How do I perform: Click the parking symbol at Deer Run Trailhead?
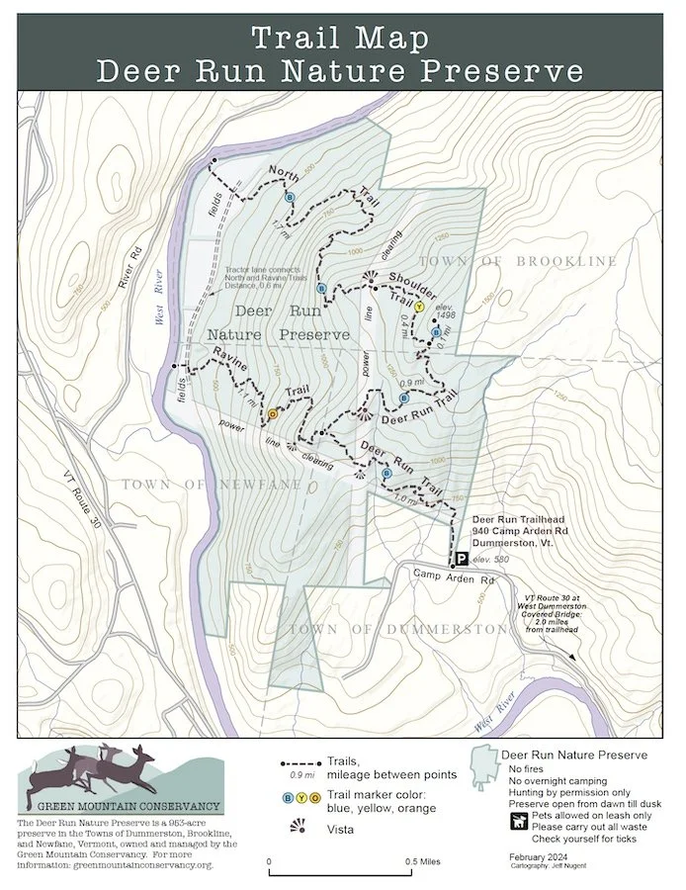tap(462, 558)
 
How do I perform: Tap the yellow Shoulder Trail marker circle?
tap(418, 308)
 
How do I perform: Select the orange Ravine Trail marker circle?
tap(273, 413)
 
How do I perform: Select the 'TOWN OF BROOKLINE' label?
tap(518, 261)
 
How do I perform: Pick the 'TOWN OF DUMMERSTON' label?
tap(397, 630)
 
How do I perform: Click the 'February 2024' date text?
tap(541, 854)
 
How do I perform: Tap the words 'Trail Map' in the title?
tap(339, 39)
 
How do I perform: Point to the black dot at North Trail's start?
tap(214, 159)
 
